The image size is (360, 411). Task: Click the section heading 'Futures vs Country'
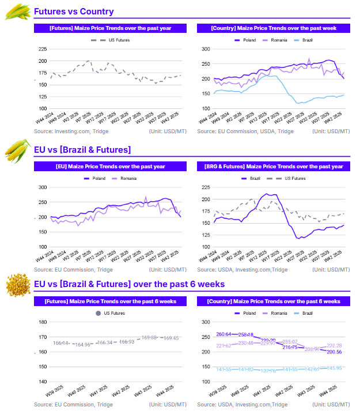(74, 12)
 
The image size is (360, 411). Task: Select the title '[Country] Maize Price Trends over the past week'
(274, 28)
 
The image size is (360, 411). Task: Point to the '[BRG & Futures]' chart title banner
(274, 166)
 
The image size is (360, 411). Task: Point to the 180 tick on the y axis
(43, 322)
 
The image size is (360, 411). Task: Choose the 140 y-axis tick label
(43, 382)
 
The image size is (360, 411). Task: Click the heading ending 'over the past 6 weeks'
(129, 284)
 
